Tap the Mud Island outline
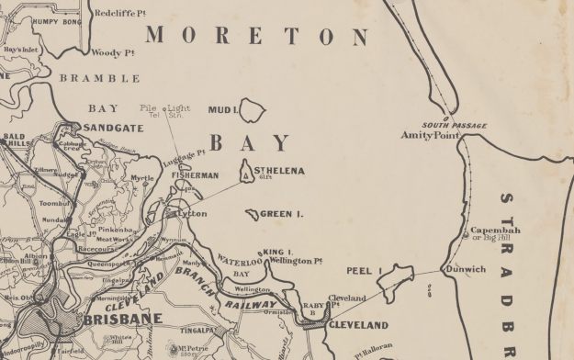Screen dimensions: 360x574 251,111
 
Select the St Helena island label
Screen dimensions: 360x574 280,170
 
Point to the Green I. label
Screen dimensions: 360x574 281,214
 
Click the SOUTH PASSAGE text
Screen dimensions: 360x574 454,125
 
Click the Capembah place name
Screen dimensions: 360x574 495,230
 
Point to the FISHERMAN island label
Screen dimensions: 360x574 194,174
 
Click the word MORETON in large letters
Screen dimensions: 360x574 254,36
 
